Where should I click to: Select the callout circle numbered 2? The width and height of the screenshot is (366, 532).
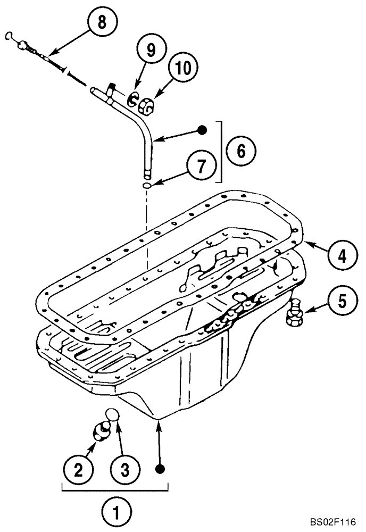point(78,468)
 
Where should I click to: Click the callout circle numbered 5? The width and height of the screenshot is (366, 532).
point(339,301)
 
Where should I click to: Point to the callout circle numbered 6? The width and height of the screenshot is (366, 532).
point(240,151)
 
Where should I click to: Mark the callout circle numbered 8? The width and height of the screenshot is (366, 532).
point(102,22)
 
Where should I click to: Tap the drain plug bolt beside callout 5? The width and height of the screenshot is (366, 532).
point(294,314)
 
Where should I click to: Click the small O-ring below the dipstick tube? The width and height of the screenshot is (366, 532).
point(147,185)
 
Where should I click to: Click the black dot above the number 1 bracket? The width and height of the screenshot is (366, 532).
point(159,468)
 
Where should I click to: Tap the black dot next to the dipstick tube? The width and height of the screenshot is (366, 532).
point(201,129)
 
